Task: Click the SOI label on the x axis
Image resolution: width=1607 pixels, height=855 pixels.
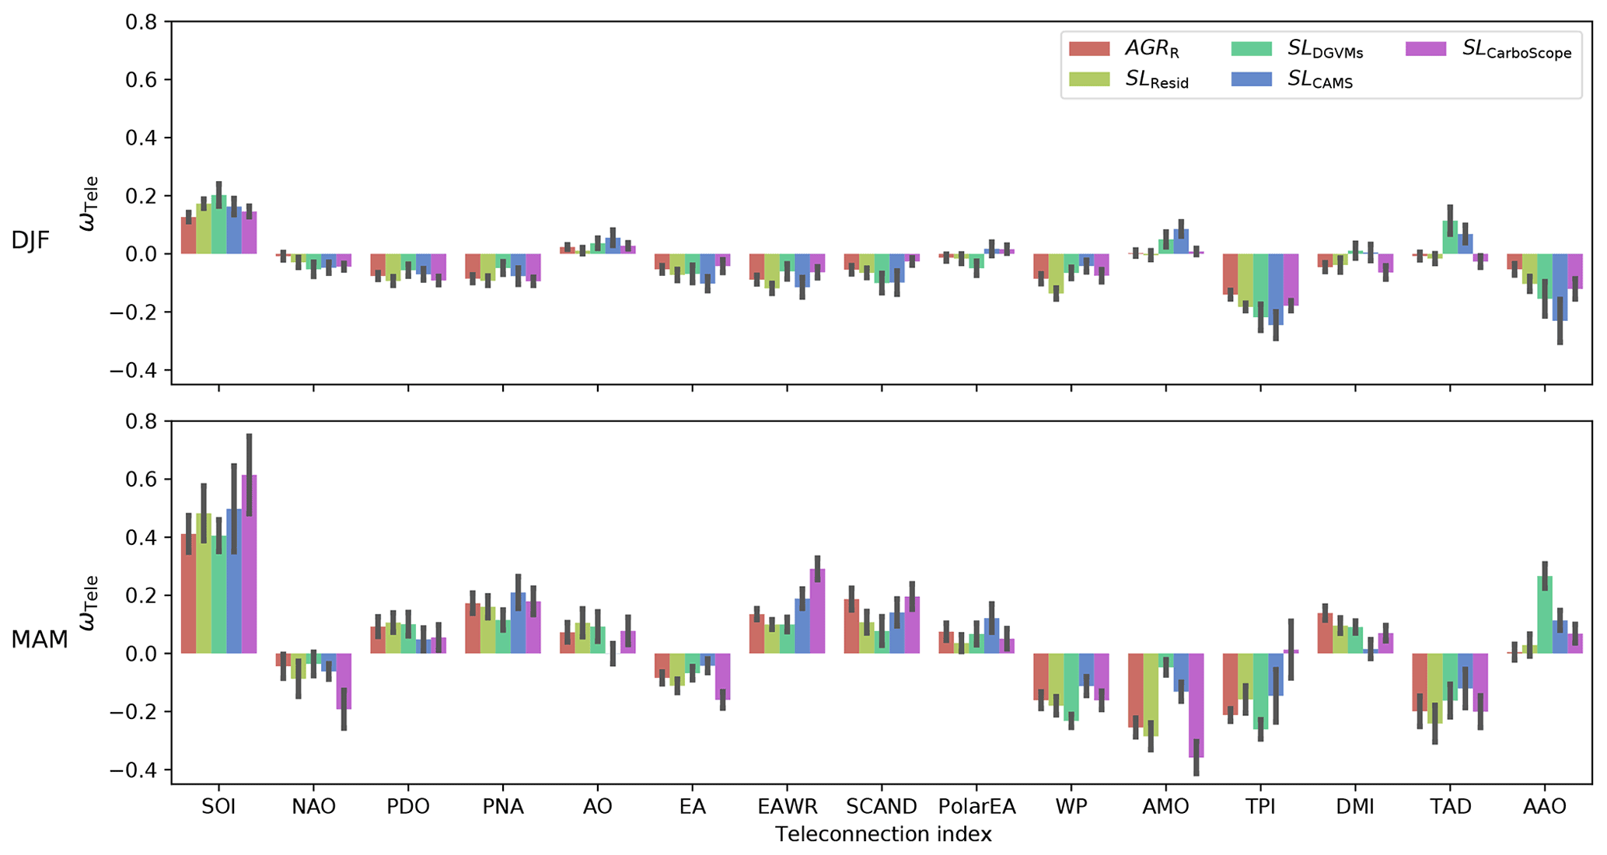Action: tap(218, 807)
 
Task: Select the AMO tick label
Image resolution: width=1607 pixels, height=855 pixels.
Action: tap(1166, 807)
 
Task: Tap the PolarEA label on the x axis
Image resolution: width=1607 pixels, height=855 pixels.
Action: tap(976, 807)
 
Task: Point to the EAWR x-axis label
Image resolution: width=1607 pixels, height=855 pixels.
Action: tap(787, 807)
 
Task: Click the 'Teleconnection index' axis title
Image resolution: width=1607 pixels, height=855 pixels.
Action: tap(883, 835)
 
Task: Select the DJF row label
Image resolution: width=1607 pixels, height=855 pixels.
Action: tap(30, 241)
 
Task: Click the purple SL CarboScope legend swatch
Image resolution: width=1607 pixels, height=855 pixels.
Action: tap(1426, 49)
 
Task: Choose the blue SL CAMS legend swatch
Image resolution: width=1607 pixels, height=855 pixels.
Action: tap(1252, 79)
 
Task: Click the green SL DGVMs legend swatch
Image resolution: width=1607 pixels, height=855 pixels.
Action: tap(1252, 49)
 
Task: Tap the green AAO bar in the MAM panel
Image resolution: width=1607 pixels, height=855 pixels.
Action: tap(1545, 615)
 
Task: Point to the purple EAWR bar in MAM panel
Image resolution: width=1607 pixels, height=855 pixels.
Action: tap(817, 611)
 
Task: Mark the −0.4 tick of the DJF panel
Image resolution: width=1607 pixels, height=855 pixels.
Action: tap(135, 371)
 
